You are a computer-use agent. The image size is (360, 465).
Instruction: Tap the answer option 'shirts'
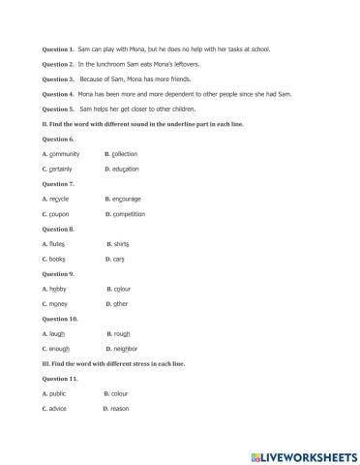point(123,243)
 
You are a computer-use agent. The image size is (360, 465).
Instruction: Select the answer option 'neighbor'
point(125,349)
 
